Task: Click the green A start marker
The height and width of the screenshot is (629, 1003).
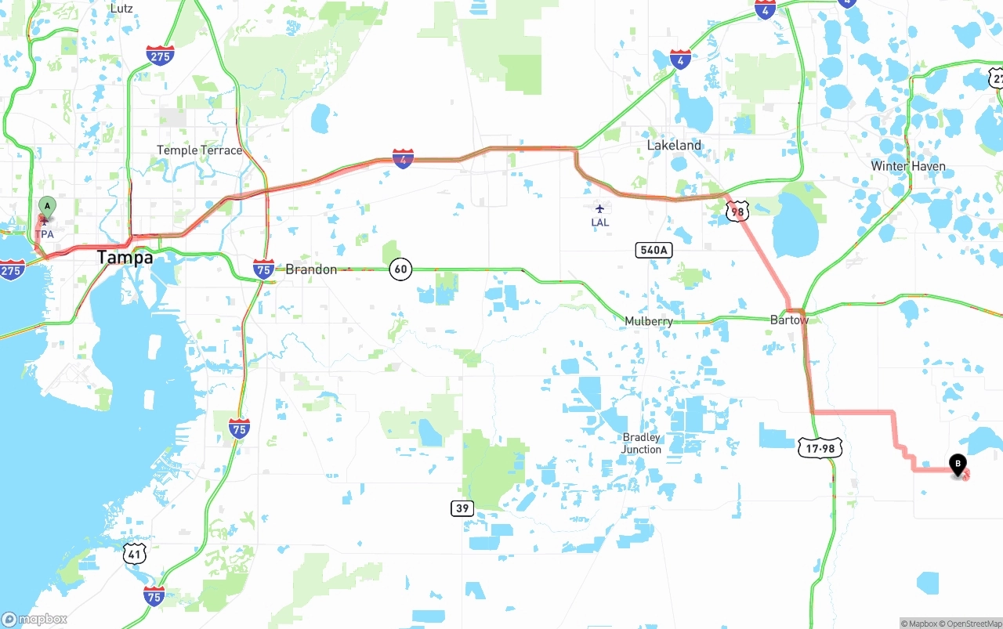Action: [47, 208]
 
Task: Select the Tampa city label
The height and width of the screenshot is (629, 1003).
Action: [125, 258]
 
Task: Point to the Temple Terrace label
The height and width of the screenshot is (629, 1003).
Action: [199, 150]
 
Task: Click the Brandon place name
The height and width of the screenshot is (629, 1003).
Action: [311, 269]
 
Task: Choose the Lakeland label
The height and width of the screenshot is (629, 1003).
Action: [674, 145]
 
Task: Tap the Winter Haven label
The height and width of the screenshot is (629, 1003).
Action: [908, 166]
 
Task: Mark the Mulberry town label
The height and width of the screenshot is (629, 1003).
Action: [649, 321]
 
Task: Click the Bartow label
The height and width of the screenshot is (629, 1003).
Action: [789, 320]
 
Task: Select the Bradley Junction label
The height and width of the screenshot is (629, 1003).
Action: [641, 443]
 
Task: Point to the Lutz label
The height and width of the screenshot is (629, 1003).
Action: [121, 9]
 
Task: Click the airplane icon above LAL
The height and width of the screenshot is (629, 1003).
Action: [599, 208]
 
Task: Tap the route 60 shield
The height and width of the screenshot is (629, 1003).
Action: [400, 269]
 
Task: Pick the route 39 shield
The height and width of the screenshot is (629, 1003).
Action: [462, 508]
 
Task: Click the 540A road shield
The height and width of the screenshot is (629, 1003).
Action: [653, 250]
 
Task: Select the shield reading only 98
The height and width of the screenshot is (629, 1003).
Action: [737, 211]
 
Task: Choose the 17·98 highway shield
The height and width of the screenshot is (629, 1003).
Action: [820, 448]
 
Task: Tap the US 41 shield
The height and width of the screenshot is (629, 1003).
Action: [135, 555]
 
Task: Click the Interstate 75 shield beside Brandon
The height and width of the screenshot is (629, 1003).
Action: [264, 269]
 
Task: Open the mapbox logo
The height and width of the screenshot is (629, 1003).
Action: [34, 619]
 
